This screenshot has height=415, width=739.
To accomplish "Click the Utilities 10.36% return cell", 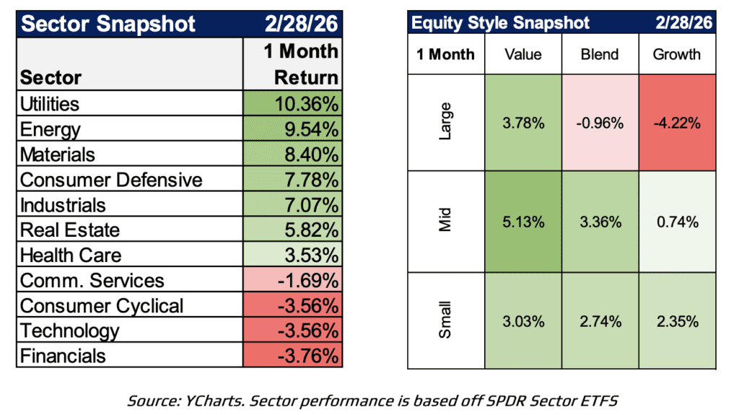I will pyautogui.click(x=292, y=104).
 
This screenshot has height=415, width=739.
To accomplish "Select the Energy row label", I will pyautogui.click(x=51, y=129).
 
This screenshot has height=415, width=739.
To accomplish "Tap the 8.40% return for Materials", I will pyautogui.click(x=292, y=154).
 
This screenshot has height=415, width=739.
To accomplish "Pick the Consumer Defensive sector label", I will pyautogui.click(x=111, y=180).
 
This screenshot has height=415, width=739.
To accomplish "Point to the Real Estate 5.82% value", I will pyautogui.click(x=292, y=230).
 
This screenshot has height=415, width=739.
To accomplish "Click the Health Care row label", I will pyautogui.click(x=71, y=255).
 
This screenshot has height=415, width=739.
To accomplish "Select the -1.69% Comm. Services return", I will pyautogui.click(x=292, y=281).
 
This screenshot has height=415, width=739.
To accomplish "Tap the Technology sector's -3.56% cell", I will pyautogui.click(x=292, y=331).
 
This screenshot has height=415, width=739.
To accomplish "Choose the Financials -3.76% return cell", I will pyautogui.click(x=292, y=356).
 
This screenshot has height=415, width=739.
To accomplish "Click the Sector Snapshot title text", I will pyautogui.click(x=108, y=23).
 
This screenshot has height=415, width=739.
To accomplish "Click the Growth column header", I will pyautogui.click(x=676, y=54).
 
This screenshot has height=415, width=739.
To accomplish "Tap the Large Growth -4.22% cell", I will pyautogui.click(x=676, y=123).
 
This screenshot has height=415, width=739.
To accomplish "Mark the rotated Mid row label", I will pyautogui.click(x=446, y=222).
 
